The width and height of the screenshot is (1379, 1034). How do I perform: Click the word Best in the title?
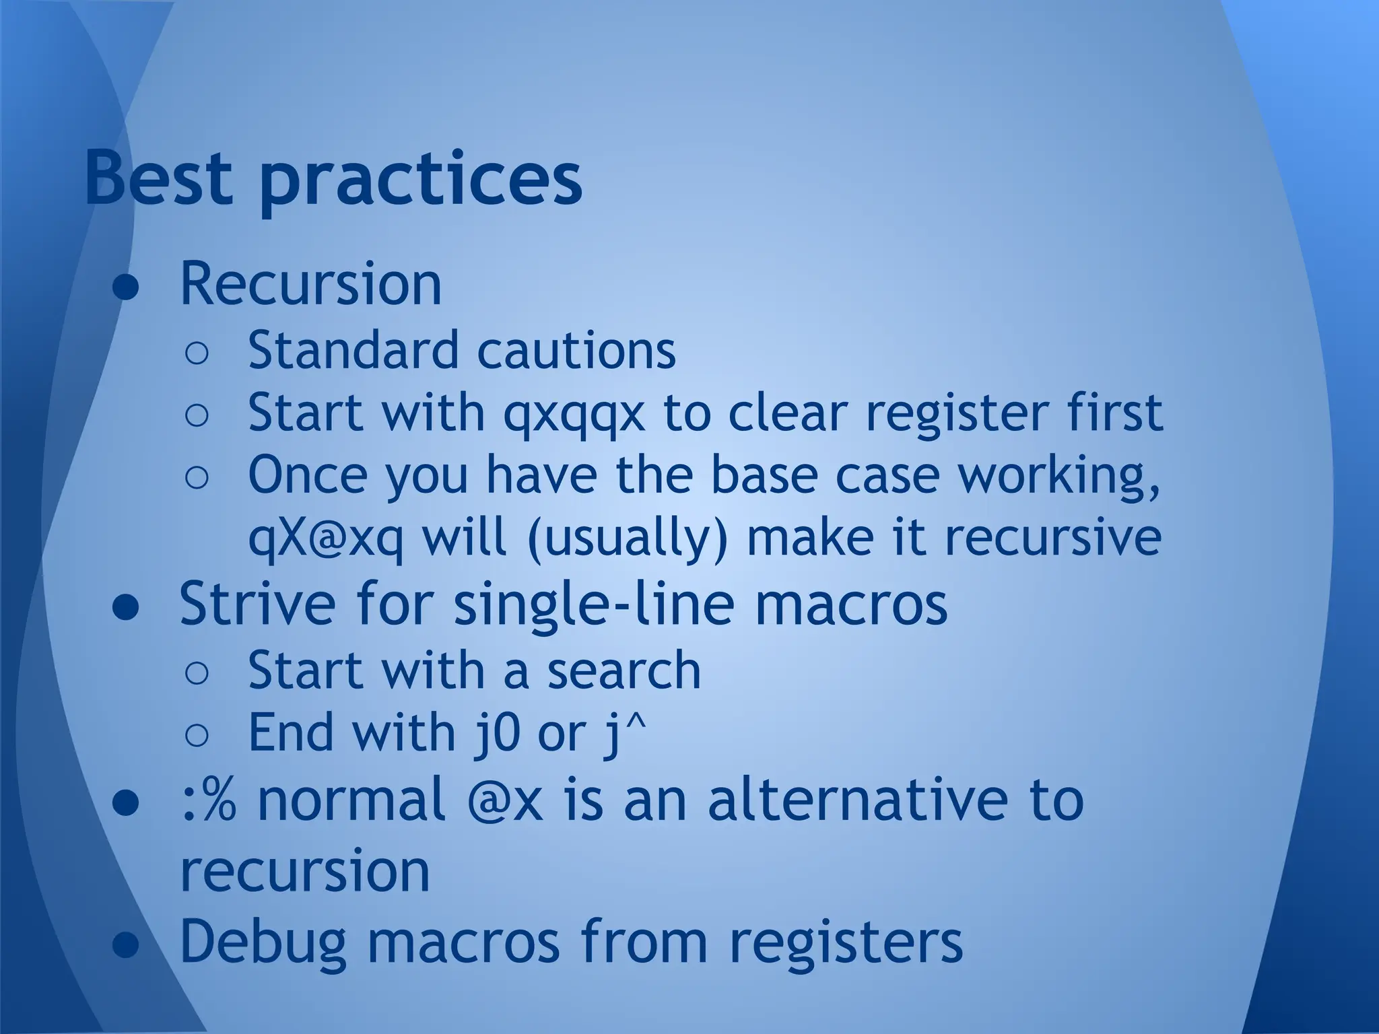click(159, 179)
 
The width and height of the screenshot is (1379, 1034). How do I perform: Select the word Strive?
click(257, 603)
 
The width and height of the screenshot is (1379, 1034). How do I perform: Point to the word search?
click(624, 670)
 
